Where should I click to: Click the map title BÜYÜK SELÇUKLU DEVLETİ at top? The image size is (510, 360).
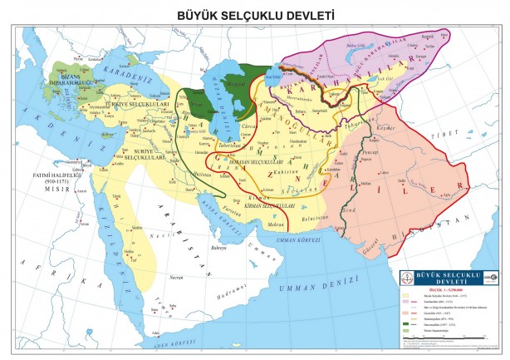click(x=254, y=14)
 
